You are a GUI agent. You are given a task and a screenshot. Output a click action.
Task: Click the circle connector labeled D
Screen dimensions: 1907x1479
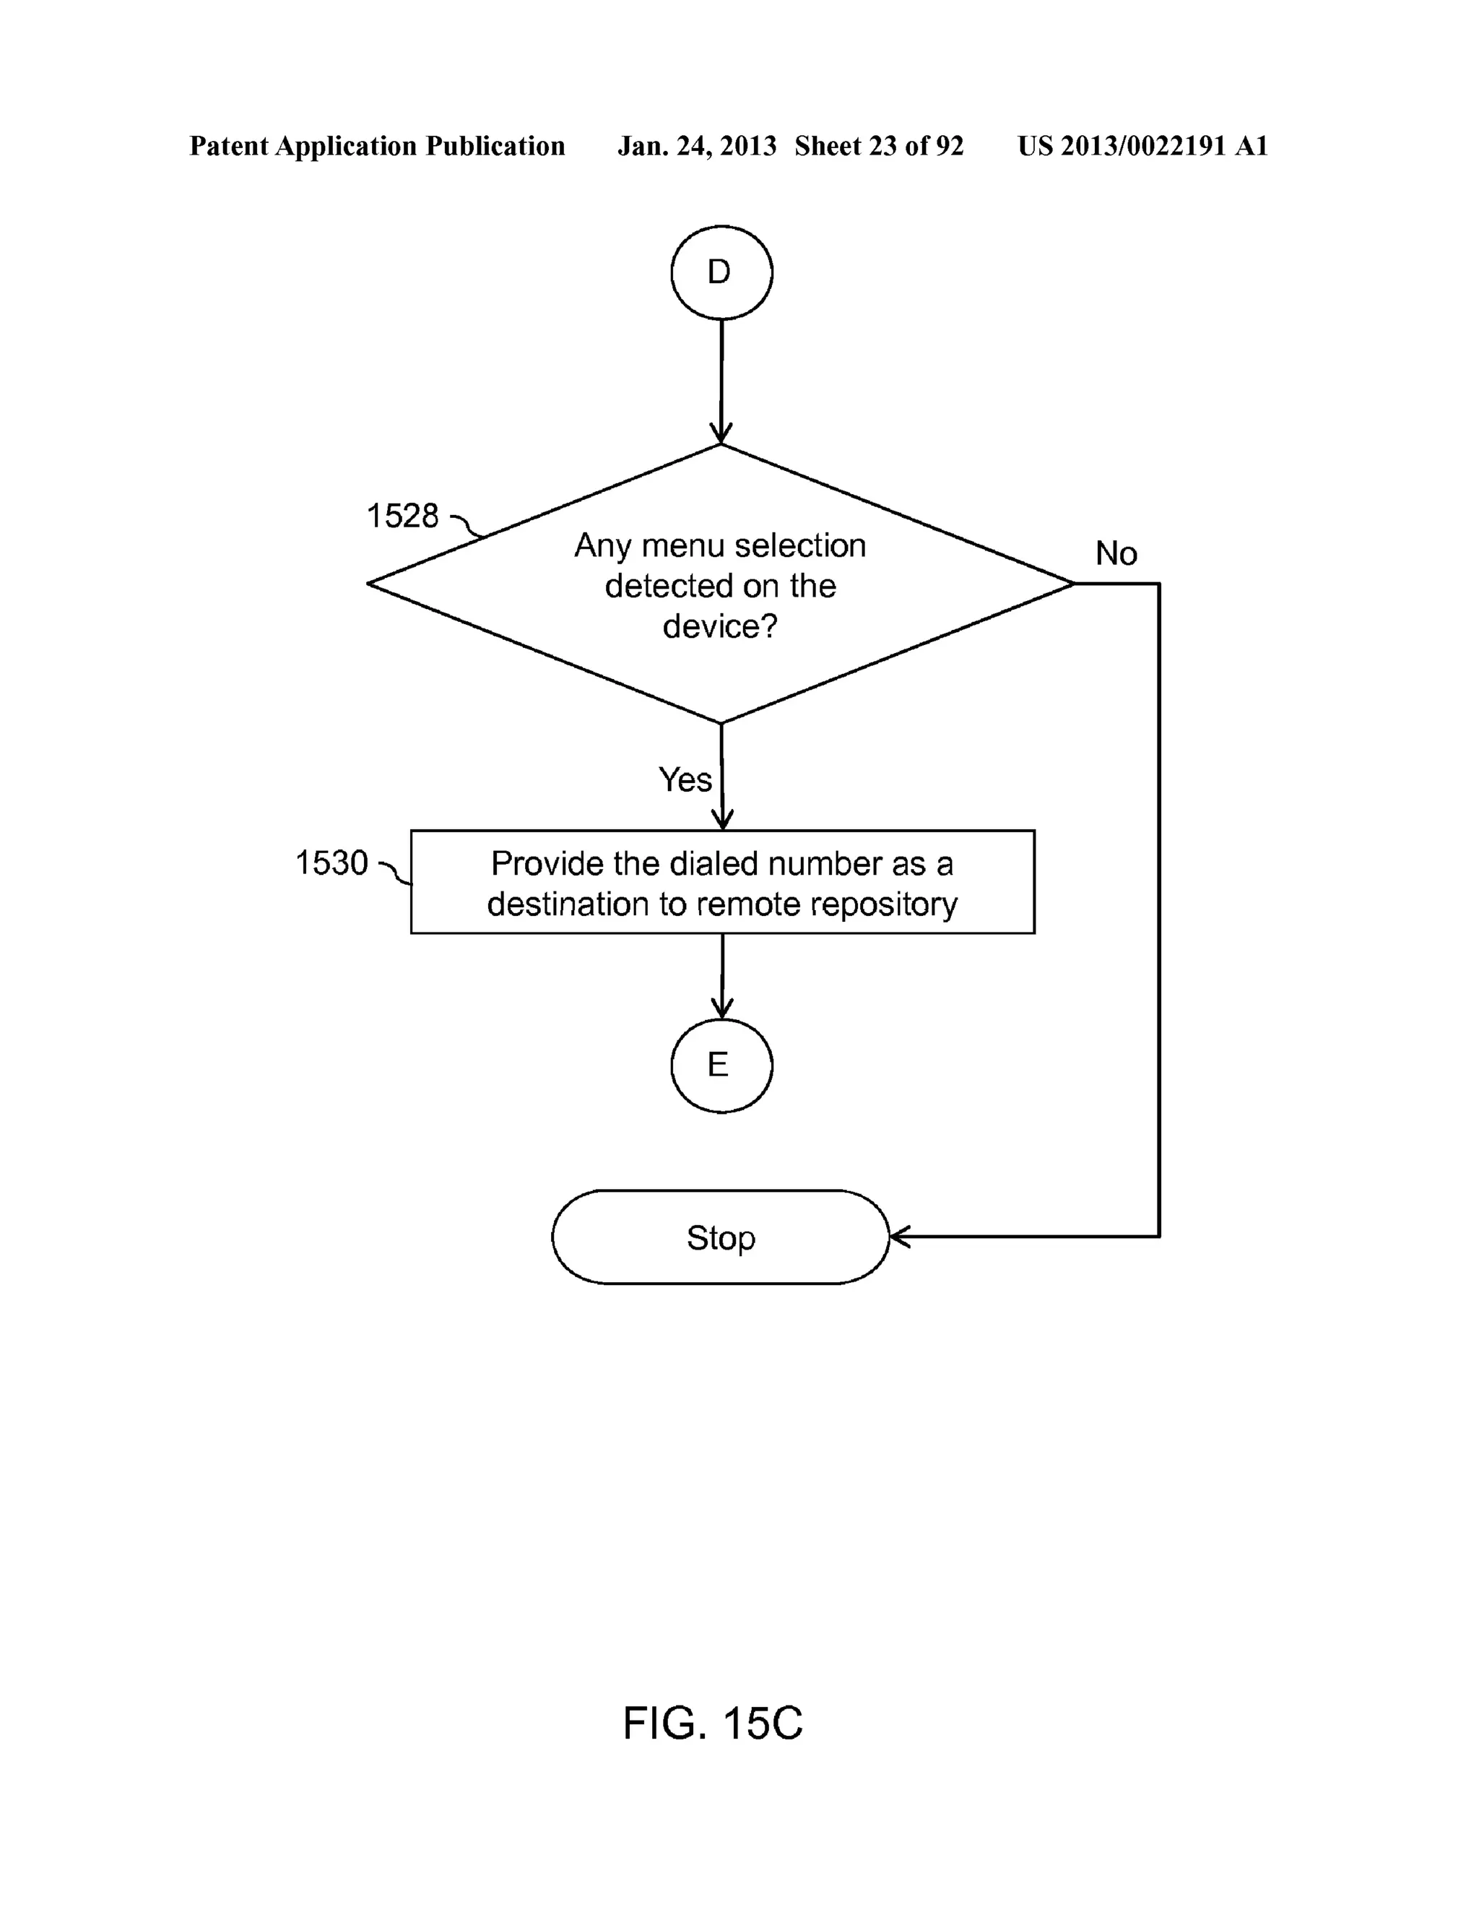click(721, 272)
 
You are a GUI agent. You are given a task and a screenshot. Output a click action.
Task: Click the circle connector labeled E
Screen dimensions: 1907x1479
click(721, 1065)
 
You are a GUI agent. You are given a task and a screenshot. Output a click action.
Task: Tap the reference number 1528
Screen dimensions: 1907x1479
click(402, 516)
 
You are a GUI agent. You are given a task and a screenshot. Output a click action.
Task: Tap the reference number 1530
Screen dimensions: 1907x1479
click(331, 862)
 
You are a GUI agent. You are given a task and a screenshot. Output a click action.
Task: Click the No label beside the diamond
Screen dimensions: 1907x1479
click(1116, 553)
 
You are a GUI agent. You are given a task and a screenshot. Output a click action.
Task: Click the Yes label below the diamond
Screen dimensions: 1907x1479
click(685, 779)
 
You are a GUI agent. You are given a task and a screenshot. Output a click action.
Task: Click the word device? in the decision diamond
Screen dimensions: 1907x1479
click(720, 626)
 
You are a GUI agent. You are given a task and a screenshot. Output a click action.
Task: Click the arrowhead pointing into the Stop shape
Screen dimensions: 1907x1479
click(898, 1237)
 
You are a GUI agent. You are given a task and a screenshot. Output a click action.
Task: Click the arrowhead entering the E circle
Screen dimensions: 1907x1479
click(722, 1008)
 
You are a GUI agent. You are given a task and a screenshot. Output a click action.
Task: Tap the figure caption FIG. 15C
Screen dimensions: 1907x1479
click(713, 1724)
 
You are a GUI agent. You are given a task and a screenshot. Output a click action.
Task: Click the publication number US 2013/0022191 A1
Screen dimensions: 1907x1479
click(1142, 146)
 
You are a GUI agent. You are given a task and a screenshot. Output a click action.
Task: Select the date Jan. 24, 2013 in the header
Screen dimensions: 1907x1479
click(697, 146)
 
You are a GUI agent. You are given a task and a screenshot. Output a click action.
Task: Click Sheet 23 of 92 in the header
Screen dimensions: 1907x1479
click(878, 146)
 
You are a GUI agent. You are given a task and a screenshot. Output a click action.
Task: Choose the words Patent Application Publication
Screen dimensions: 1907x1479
click(377, 146)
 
